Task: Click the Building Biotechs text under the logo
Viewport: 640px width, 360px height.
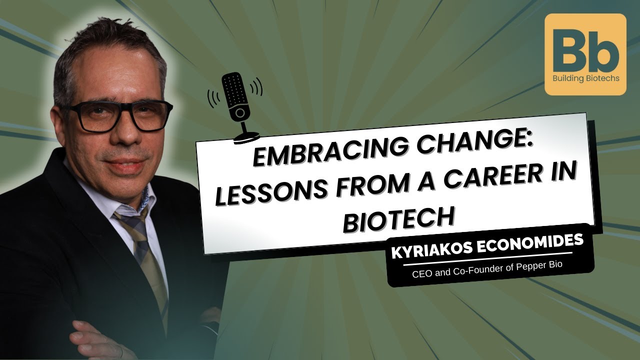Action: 585,78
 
